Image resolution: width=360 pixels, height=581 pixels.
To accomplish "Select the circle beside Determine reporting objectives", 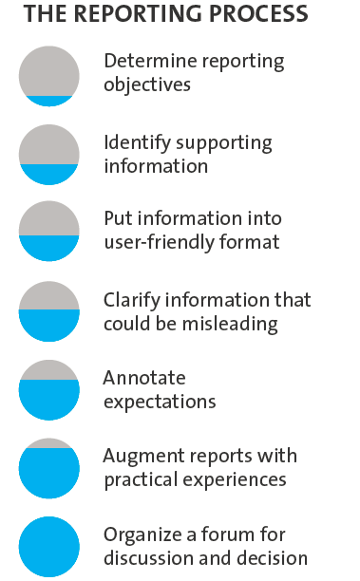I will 48,76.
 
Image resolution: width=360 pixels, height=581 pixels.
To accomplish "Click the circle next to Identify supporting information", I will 48,155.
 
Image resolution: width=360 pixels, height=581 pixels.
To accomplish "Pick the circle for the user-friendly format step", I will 48,232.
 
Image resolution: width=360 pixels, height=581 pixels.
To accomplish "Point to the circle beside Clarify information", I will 48,311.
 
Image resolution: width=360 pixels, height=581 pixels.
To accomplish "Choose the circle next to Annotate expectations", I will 48,390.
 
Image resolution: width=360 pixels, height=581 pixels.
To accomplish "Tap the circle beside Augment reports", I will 48,468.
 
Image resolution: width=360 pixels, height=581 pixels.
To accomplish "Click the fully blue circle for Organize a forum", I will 48,547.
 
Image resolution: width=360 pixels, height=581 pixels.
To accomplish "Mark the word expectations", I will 160,402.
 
